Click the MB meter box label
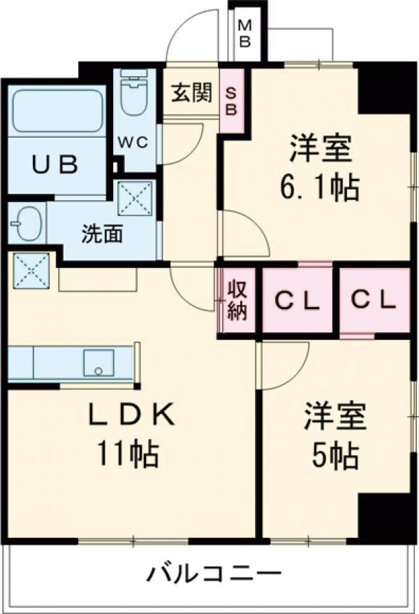tap(245, 32)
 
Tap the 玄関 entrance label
tap(191, 93)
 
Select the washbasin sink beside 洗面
tap(26, 224)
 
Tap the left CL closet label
tap(297, 301)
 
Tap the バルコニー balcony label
tap(214, 575)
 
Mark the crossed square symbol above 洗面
tap(135, 199)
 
